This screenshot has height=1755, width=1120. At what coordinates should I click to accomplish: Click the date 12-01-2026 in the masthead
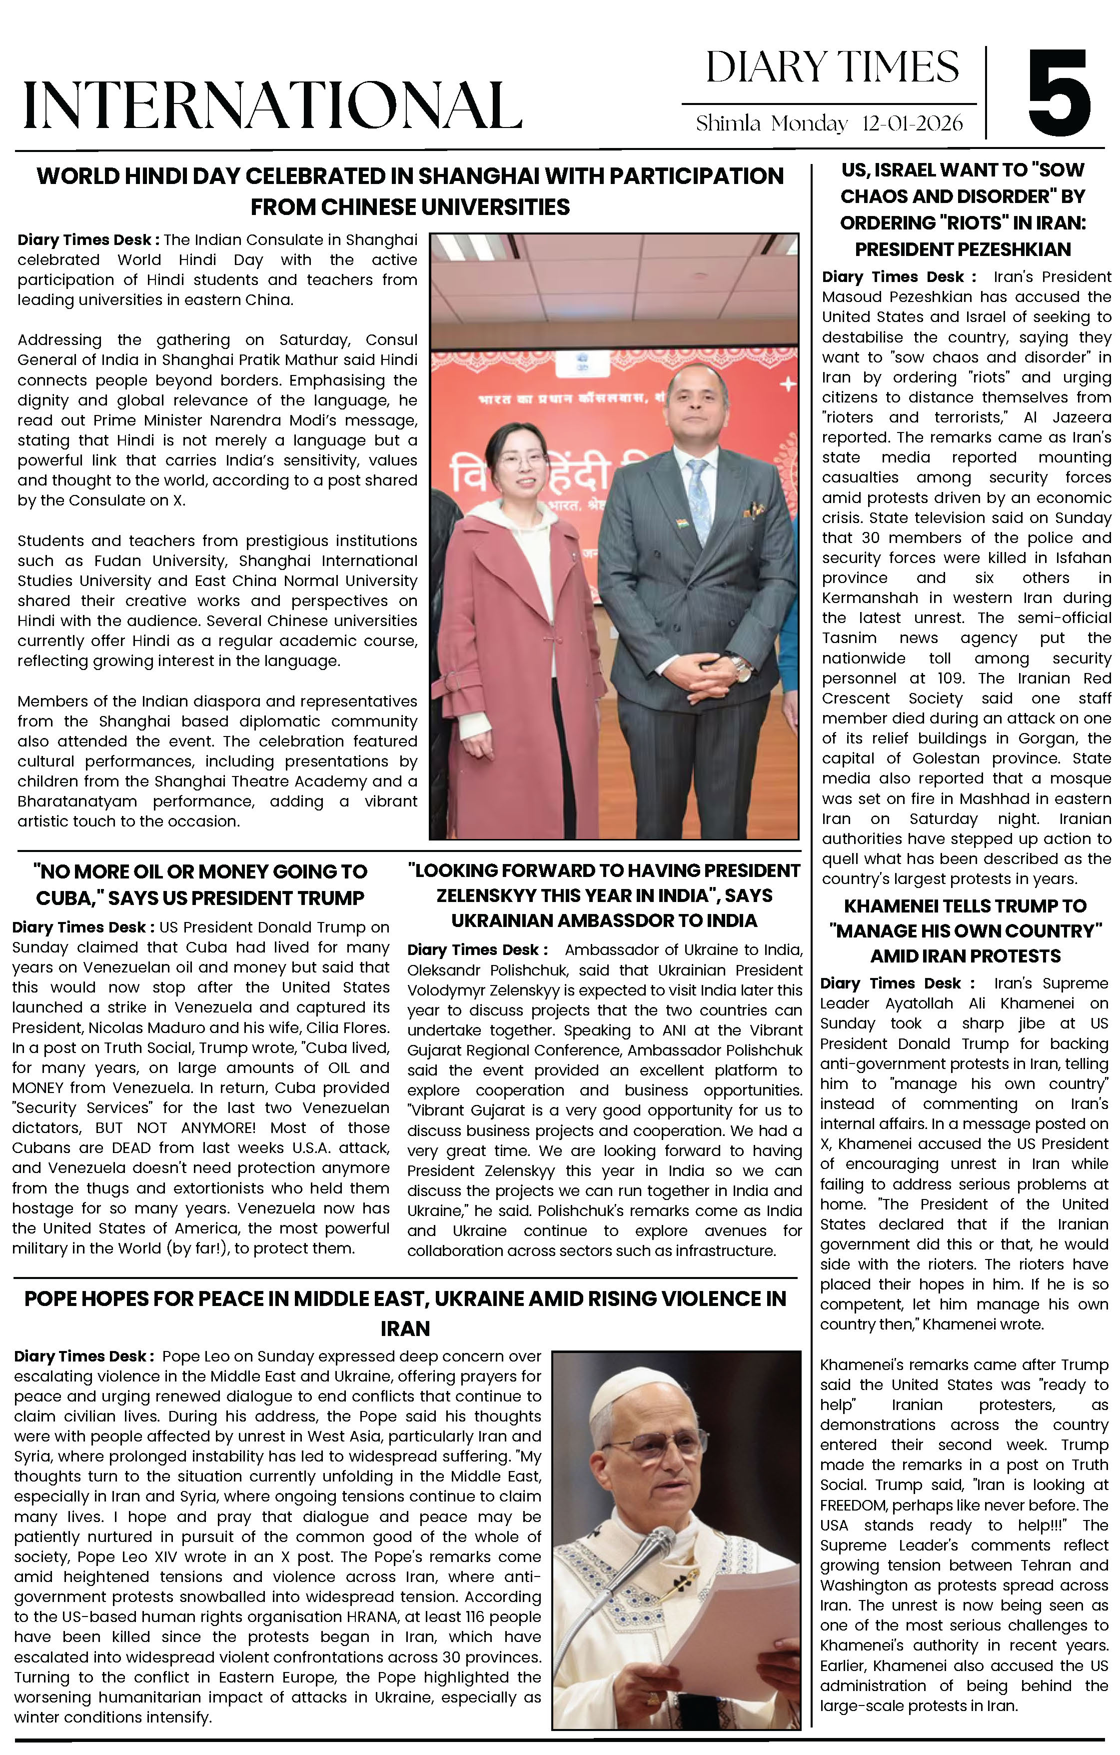point(912,123)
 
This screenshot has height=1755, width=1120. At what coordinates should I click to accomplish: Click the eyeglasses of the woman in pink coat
point(517,460)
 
